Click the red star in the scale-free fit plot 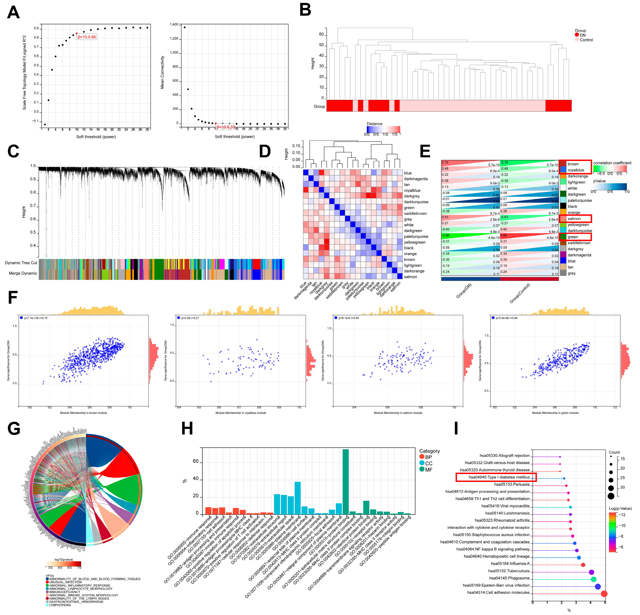76,33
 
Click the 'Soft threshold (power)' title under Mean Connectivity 235,137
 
